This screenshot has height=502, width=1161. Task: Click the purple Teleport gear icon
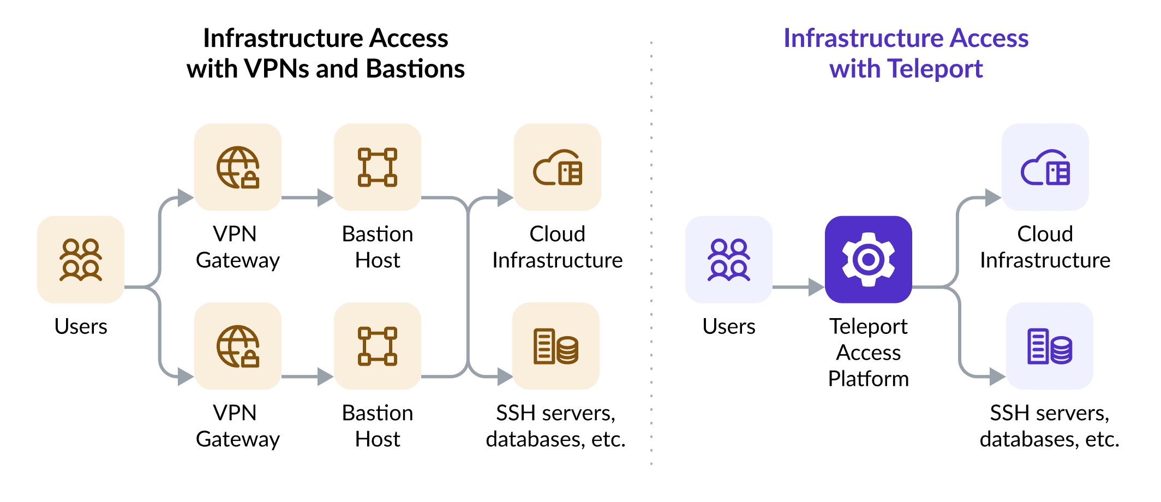(x=868, y=260)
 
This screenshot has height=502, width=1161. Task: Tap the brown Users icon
(x=81, y=260)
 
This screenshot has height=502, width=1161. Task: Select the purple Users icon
(x=728, y=260)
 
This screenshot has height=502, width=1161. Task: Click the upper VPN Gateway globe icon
(x=238, y=167)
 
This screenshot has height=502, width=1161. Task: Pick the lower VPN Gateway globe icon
(x=238, y=346)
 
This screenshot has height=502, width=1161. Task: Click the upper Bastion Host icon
(x=377, y=167)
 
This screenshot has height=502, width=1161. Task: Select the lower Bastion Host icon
(x=377, y=346)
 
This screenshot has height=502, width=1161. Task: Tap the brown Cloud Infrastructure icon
(x=557, y=167)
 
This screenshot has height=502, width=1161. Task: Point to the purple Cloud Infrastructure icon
(x=1045, y=167)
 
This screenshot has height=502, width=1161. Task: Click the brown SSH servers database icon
(x=556, y=346)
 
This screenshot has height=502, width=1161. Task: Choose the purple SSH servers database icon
(x=1049, y=346)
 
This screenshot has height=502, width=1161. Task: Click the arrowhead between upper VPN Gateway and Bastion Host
(x=325, y=198)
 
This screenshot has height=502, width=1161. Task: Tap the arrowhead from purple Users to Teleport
(x=816, y=287)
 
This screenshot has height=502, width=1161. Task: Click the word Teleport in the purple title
(x=935, y=69)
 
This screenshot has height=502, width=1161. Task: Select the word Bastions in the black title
(x=415, y=69)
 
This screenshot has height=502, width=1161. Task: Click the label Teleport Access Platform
(x=868, y=352)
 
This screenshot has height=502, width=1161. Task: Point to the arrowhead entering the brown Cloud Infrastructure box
(x=505, y=198)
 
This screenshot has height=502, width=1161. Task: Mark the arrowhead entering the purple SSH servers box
(x=997, y=376)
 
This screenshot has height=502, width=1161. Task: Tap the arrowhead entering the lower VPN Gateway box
(x=185, y=376)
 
